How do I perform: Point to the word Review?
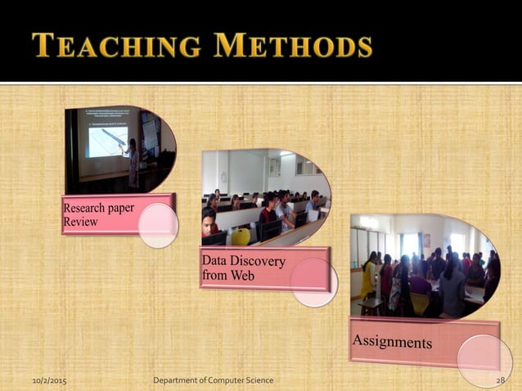(x=80, y=222)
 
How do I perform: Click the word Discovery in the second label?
(x=258, y=262)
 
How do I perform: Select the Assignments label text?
(x=392, y=340)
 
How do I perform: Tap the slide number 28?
(x=502, y=380)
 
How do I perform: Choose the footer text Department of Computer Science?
(x=214, y=380)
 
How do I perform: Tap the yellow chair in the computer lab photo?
(x=240, y=236)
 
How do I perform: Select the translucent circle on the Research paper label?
(x=158, y=226)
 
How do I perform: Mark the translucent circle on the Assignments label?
(x=484, y=358)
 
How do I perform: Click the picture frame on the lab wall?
(x=275, y=167)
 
